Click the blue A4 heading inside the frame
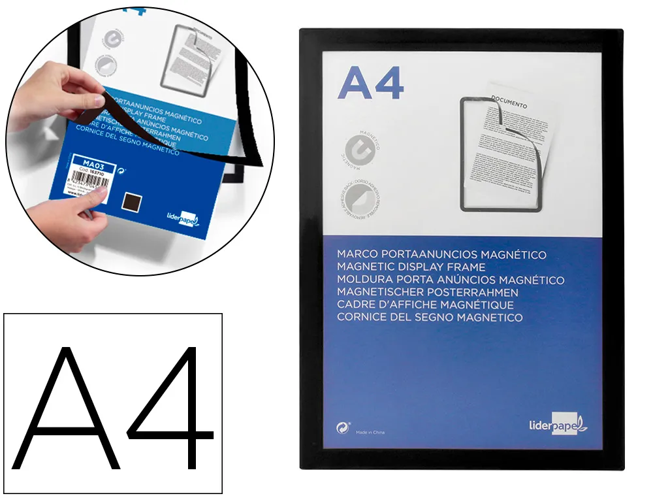(371, 84)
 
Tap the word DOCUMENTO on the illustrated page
(509, 103)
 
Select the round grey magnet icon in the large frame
(355, 150)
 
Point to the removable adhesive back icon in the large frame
(355, 200)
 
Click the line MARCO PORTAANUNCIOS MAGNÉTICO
(441, 255)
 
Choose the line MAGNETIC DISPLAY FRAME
(411, 267)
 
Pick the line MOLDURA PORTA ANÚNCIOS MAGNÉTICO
(451, 280)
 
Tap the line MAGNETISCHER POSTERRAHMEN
(428, 292)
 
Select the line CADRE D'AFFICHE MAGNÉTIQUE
(425, 305)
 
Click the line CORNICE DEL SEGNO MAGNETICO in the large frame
(430, 317)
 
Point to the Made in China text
(370, 432)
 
